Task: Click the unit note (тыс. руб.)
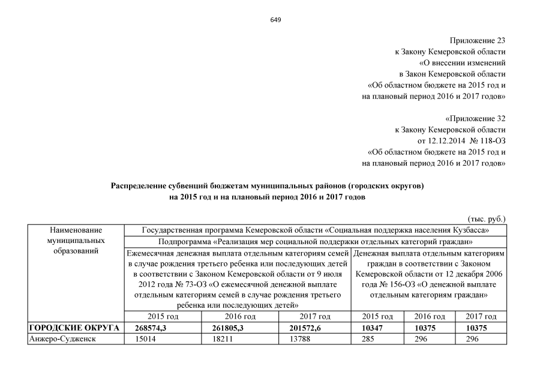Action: click(487, 219)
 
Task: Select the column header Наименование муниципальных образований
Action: click(76, 241)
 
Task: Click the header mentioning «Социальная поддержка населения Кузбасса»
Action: click(315, 230)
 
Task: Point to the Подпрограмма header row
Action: click(314, 241)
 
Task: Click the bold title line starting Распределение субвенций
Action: click(267, 186)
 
